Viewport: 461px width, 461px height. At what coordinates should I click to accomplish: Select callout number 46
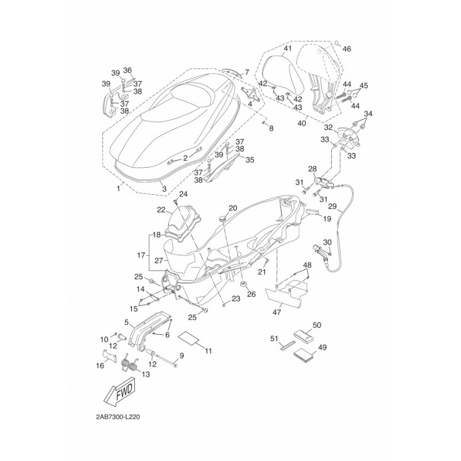pos(347,49)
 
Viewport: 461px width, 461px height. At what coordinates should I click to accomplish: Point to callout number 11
pos(208,350)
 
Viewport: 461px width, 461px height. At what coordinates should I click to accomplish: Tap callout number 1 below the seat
pos(119,188)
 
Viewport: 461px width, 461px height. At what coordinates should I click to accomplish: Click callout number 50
pos(316,326)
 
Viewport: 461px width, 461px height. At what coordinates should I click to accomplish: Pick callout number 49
pos(322,347)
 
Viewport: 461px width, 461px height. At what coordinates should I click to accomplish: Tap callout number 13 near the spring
pos(145,374)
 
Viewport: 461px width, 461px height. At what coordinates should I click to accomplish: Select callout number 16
pos(99,365)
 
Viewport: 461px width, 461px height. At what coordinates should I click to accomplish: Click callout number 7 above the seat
pos(246,73)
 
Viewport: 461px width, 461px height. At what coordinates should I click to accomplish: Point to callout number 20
pos(233,208)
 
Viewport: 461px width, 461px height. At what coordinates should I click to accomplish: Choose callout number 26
pos(251,294)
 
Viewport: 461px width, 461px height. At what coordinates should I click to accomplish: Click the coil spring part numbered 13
pos(131,364)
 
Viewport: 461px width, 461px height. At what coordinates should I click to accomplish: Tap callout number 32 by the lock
pos(328,127)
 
